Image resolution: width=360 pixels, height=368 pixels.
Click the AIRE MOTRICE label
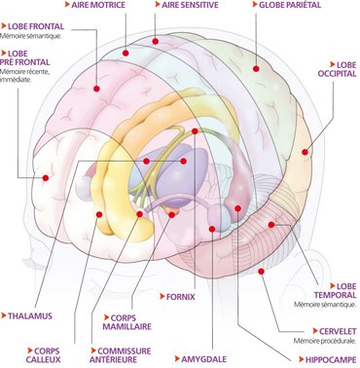coord(98,5)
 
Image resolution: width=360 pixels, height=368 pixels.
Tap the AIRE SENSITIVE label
coord(190,5)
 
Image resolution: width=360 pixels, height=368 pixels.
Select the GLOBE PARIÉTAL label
coord(290,5)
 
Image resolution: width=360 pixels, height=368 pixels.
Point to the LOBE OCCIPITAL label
coord(337,69)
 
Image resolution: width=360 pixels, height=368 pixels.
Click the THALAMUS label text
coord(30,315)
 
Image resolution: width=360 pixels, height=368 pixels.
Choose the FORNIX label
coord(181,297)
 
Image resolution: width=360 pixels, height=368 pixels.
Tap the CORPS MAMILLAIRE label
coord(127,322)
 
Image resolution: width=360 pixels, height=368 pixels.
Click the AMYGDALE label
coord(203,359)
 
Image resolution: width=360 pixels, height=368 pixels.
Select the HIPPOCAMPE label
coord(331,360)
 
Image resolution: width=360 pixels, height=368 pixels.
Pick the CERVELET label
coord(338,331)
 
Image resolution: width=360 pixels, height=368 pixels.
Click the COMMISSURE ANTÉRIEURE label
coord(121,355)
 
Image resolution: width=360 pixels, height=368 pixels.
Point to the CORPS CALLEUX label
coord(43,355)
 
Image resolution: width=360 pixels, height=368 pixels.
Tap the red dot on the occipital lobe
coord(305,152)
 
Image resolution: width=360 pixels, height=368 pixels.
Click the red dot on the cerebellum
coord(261,271)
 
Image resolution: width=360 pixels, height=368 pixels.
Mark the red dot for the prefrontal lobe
coord(46,178)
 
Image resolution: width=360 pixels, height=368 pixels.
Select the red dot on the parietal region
coord(256,68)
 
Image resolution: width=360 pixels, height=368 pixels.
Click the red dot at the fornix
coord(195,131)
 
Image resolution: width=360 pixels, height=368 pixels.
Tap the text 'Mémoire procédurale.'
coord(325,341)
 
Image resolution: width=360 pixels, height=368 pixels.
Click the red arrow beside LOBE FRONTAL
coord(4,25)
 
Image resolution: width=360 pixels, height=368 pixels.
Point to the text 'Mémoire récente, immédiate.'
coord(25,76)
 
